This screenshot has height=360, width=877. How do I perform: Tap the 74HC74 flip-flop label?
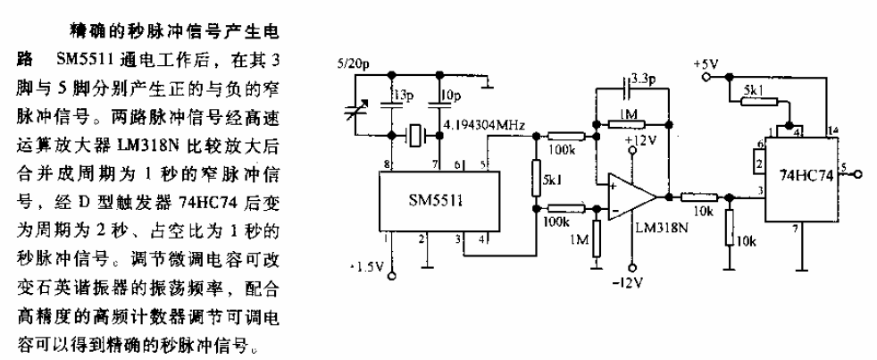(806, 175)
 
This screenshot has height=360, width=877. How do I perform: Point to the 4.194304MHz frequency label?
(483, 126)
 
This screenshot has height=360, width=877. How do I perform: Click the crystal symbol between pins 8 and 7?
(415, 136)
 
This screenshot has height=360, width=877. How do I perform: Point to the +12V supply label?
(639, 138)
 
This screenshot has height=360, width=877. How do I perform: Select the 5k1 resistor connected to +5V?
(758, 101)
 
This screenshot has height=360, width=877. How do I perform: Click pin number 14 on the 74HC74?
(833, 131)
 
